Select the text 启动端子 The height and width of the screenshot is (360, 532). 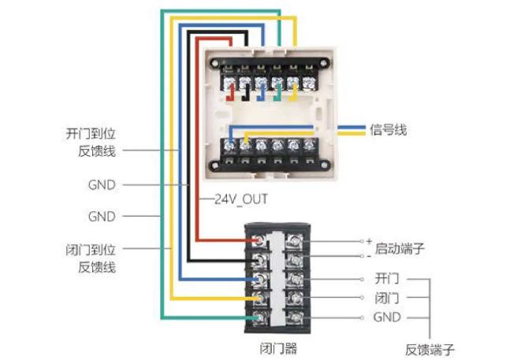[400, 247]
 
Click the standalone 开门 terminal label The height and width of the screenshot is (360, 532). [387, 280]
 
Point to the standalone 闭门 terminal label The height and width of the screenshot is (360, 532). [387, 299]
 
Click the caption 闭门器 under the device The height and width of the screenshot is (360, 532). [278, 347]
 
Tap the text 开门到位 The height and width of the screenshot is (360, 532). [91, 135]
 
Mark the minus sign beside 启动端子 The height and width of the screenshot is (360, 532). [368, 257]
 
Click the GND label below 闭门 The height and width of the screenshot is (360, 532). [387, 317]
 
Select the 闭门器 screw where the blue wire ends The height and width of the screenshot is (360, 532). [260, 280]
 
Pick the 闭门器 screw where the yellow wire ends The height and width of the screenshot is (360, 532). [260, 299]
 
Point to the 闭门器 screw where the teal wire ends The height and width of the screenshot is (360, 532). [260, 317]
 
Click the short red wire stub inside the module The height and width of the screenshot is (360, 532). [229, 95]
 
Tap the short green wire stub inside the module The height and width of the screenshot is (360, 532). [277, 95]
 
